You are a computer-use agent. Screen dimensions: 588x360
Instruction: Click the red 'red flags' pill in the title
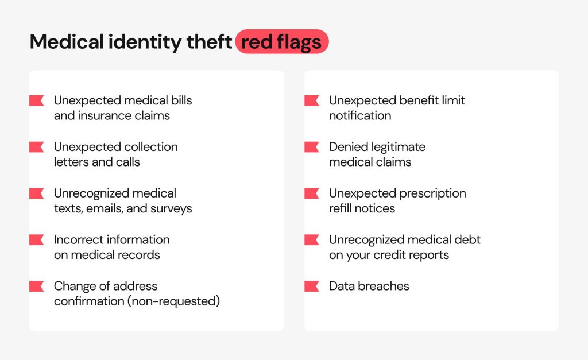(282, 41)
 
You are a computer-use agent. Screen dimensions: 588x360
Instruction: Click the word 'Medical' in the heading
(67, 41)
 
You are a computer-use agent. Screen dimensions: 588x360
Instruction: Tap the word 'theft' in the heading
(209, 41)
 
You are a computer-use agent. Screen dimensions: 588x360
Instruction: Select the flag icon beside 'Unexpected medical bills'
(37, 100)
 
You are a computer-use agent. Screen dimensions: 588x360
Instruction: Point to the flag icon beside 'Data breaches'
(312, 286)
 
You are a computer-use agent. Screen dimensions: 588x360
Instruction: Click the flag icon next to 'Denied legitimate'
(312, 147)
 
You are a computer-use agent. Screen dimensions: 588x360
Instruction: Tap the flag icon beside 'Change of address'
(37, 286)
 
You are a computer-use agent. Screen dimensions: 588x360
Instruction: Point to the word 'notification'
(360, 115)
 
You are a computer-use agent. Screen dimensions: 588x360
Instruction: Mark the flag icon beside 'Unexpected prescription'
(312, 193)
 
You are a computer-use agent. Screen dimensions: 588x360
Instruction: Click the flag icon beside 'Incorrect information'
(37, 239)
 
